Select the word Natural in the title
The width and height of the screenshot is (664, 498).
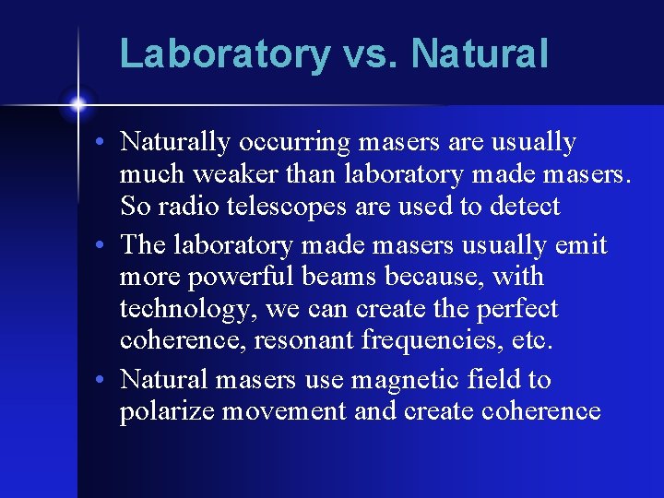click(480, 53)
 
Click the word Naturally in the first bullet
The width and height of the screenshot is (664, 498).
click(175, 143)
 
